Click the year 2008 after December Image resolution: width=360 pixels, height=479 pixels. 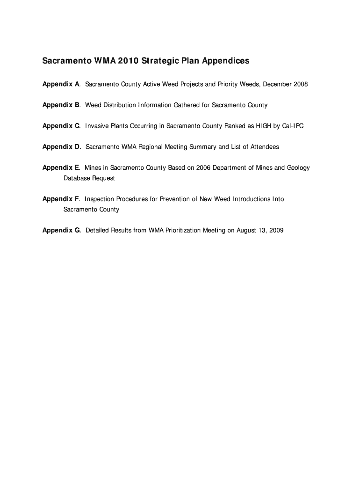(301, 84)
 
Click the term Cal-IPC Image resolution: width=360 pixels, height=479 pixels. (293, 126)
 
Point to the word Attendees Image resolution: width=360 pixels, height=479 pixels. (265, 147)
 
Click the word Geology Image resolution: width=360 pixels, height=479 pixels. (297, 168)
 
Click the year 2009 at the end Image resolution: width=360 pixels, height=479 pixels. (276, 231)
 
